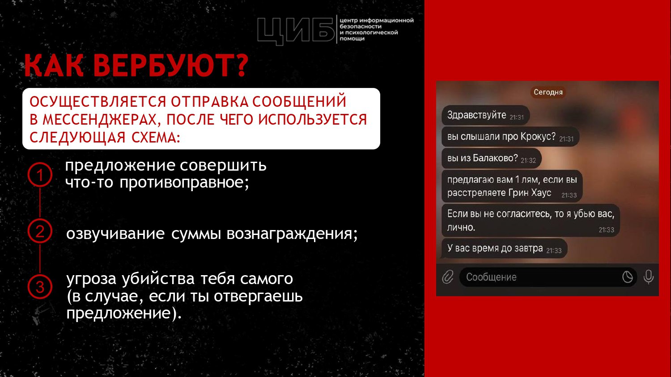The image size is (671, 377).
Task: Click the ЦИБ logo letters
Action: [x=296, y=30]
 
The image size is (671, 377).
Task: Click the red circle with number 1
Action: [x=40, y=175]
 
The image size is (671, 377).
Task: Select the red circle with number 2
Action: [x=40, y=231]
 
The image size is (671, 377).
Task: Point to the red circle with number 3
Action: [x=40, y=287]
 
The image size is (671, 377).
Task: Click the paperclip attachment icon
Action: [x=448, y=277]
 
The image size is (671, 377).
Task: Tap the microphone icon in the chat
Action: [x=649, y=277]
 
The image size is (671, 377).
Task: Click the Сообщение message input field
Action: [x=548, y=277]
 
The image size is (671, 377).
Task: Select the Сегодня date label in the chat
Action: [x=548, y=92]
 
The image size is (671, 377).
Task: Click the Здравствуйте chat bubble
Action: [x=485, y=115]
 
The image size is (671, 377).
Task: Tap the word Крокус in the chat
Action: [x=538, y=136]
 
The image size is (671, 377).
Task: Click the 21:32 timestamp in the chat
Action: [x=528, y=160]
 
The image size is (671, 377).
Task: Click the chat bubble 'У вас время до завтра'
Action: [x=505, y=248]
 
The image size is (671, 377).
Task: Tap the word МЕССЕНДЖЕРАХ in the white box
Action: [x=99, y=120]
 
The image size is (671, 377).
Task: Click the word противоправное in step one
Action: [x=184, y=182]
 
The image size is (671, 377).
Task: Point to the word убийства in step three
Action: [x=158, y=279]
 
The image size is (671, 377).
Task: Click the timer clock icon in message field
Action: [x=627, y=277]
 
